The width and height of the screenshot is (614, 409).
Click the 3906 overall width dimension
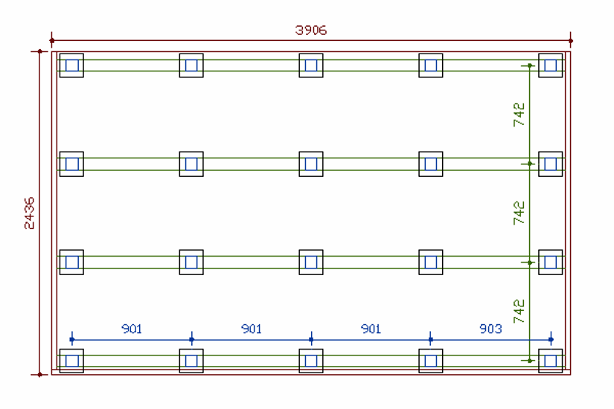311,30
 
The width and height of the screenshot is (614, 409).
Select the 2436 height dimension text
29,213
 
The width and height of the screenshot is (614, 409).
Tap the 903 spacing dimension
490,329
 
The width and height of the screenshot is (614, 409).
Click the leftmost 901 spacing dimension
132,329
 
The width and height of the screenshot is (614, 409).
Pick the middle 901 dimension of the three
252,329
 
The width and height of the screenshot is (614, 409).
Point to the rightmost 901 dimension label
371,329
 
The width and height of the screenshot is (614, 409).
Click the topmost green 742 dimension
519,115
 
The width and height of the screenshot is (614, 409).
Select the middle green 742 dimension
519,213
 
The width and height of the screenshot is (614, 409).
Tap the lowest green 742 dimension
519,311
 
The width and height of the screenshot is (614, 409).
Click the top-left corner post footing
71,65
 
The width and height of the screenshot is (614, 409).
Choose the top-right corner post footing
551,65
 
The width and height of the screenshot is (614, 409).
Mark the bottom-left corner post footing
71,361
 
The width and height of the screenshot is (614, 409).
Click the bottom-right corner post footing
551,361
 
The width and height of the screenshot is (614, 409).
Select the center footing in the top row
311,65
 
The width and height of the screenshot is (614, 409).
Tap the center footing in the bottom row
311,361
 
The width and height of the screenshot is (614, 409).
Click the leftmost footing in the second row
71,164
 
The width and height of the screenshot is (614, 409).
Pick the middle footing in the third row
311,262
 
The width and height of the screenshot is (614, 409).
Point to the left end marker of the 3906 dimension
51,40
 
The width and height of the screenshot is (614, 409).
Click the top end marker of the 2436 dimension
40,51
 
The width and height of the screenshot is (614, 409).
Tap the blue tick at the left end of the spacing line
71,340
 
